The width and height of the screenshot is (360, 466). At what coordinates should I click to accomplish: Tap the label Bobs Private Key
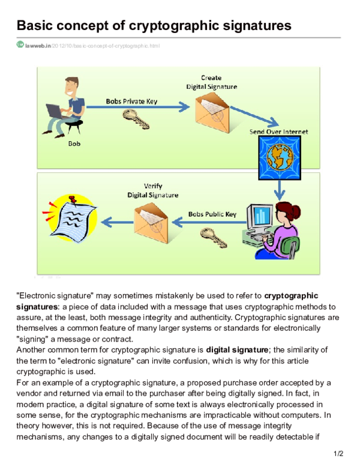pos(131,101)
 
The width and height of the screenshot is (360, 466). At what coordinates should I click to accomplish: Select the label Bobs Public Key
pos(212,214)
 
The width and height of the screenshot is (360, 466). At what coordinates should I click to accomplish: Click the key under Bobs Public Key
pos(214,236)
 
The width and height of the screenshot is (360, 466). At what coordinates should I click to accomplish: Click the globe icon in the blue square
pos(278,157)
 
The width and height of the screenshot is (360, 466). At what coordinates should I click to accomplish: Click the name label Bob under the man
pos(74,144)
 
